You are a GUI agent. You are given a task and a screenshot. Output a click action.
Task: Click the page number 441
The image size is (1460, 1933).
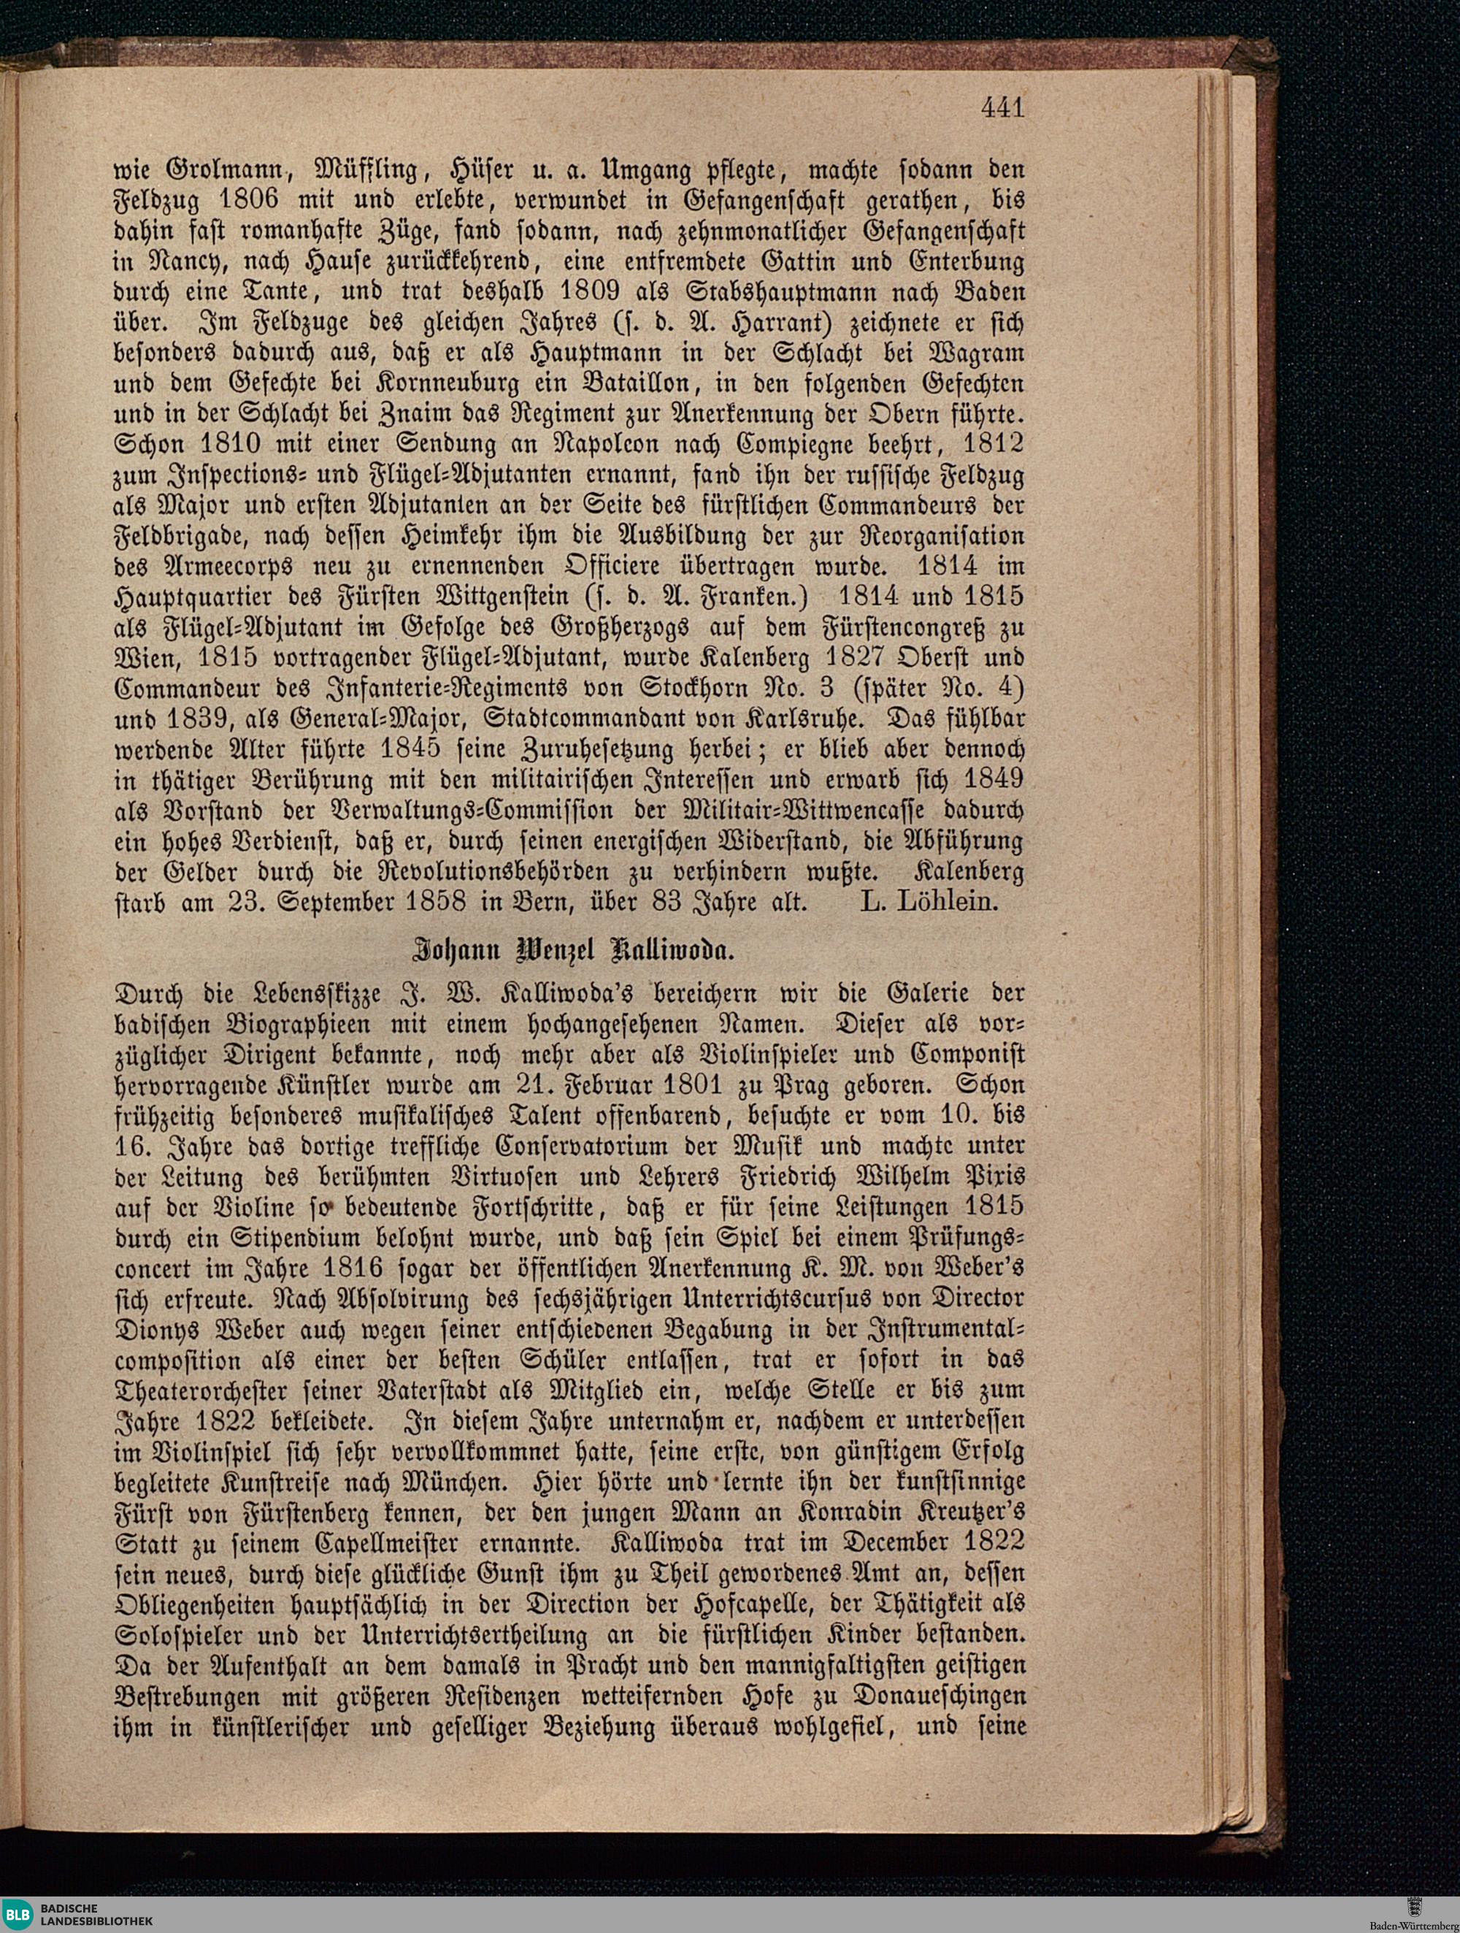pyautogui.click(x=1002, y=108)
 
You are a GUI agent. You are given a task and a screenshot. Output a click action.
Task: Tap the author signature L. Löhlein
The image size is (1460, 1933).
pyautogui.click(x=928, y=901)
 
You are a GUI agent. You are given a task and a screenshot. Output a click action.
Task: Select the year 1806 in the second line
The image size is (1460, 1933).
pyautogui.click(x=249, y=200)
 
